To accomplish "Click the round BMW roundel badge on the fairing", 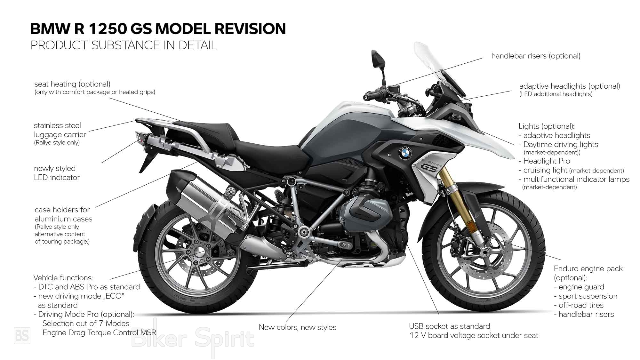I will coord(405,153).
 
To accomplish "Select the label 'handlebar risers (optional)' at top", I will coord(536,56).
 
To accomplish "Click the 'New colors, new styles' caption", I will coord(297,327).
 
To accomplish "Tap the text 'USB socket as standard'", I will coord(449,326).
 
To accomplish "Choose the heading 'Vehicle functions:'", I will coord(63,278).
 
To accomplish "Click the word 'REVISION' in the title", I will coord(250,29).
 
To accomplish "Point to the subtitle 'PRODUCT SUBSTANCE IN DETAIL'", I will coord(124,45).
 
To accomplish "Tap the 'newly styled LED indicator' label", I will coord(57,173).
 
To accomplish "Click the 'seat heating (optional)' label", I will coord(72,84).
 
